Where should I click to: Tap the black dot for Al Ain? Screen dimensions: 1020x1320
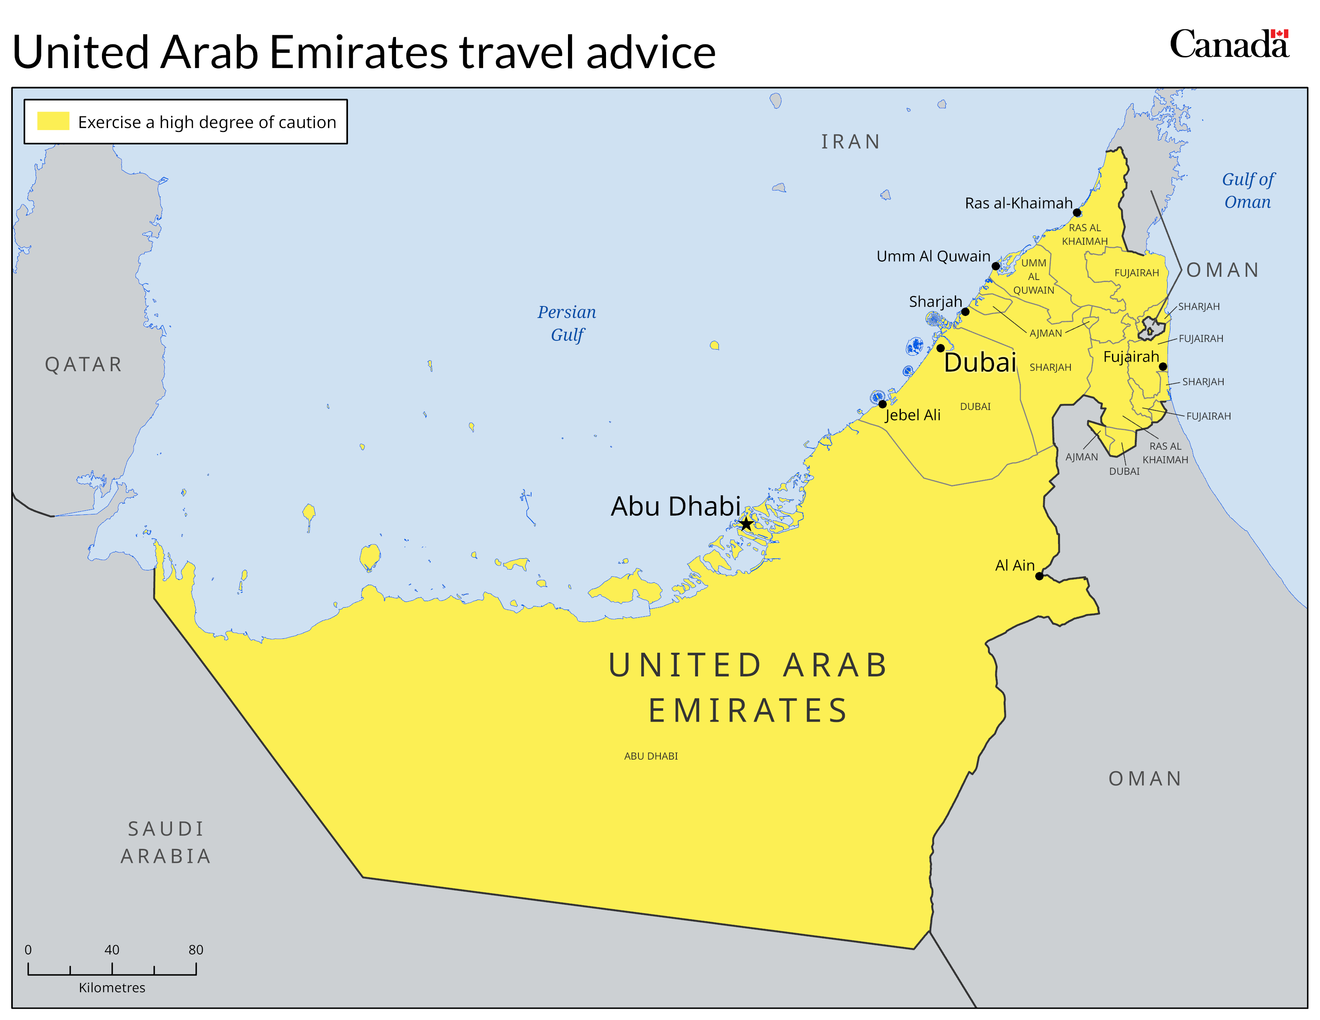coord(1040,576)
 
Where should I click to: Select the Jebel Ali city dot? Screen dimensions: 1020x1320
coord(882,404)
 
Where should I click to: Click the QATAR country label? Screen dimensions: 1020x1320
coord(84,364)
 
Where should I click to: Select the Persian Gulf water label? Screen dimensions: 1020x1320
coord(567,323)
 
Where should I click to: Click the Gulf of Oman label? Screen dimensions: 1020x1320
coord(1248,190)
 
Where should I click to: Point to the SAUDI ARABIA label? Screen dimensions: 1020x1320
coord(166,842)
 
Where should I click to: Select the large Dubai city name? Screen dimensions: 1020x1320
coord(980,362)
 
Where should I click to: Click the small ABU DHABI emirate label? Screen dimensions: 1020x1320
coord(651,756)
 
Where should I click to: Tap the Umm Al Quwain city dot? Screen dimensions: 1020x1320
coord(996,266)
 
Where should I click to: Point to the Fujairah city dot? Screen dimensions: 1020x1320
coord(1163,366)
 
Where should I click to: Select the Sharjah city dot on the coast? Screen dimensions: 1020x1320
coord(965,312)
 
